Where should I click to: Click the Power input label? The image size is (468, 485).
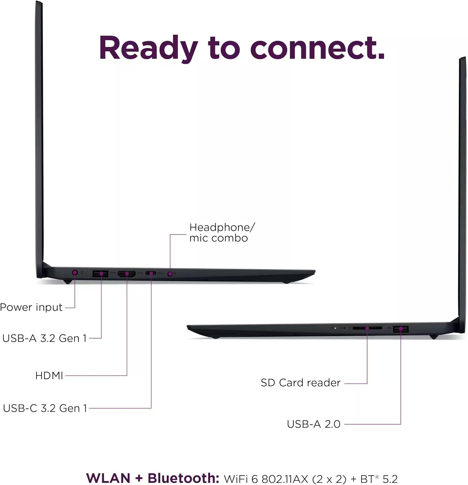pyautogui.click(x=31, y=307)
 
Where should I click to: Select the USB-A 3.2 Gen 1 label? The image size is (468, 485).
pyautogui.click(x=45, y=338)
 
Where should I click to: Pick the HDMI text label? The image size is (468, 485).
pyautogui.click(x=49, y=375)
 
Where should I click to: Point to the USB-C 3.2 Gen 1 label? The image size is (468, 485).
pyautogui.click(x=45, y=408)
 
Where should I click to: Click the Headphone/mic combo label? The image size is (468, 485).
pyautogui.click(x=222, y=232)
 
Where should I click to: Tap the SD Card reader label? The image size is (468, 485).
pyautogui.click(x=300, y=383)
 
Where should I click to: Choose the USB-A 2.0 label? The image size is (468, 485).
pyautogui.click(x=313, y=424)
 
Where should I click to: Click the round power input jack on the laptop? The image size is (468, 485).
pyautogui.click(x=75, y=273)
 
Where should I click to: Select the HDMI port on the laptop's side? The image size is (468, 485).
pyautogui.click(x=127, y=274)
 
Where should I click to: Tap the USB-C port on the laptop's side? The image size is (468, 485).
pyautogui.click(x=151, y=273)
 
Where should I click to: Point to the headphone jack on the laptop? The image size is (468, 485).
pyautogui.click(x=170, y=274)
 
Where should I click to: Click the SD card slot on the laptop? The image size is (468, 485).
pyautogui.click(x=367, y=328)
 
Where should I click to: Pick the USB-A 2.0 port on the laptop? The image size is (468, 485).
pyautogui.click(x=401, y=329)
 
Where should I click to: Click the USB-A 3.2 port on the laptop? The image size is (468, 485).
pyautogui.click(x=101, y=274)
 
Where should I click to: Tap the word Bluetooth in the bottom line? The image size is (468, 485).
pyautogui.click(x=183, y=478)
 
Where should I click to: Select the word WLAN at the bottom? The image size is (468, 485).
pyautogui.click(x=108, y=478)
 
